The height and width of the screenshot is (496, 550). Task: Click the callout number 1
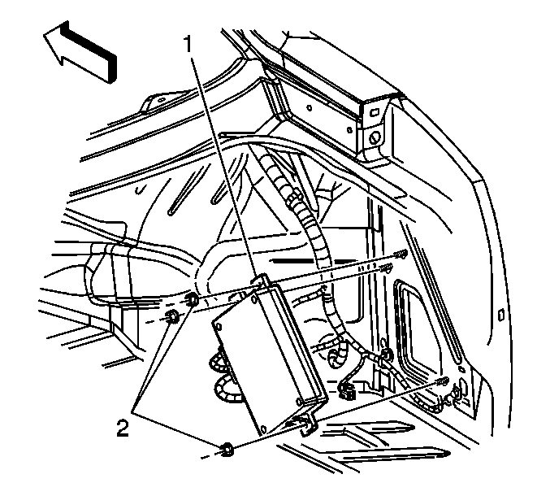point(189,45)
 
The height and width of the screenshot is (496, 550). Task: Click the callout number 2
point(123,429)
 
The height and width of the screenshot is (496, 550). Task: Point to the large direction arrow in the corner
point(80,52)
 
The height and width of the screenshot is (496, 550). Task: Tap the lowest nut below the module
point(227,450)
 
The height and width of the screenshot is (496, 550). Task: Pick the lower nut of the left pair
point(173,316)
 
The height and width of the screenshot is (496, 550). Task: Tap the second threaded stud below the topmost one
point(386,268)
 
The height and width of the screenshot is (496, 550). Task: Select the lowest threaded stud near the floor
point(442,381)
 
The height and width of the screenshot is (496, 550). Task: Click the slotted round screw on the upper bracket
point(375,137)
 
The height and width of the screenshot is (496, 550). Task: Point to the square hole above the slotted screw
point(375,112)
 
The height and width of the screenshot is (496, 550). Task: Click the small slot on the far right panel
point(501,315)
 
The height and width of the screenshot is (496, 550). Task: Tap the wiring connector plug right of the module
point(347,390)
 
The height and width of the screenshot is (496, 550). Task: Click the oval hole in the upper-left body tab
point(161,100)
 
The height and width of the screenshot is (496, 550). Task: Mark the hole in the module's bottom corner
point(264,429)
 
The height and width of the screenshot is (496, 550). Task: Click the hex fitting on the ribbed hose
point(292,197)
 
